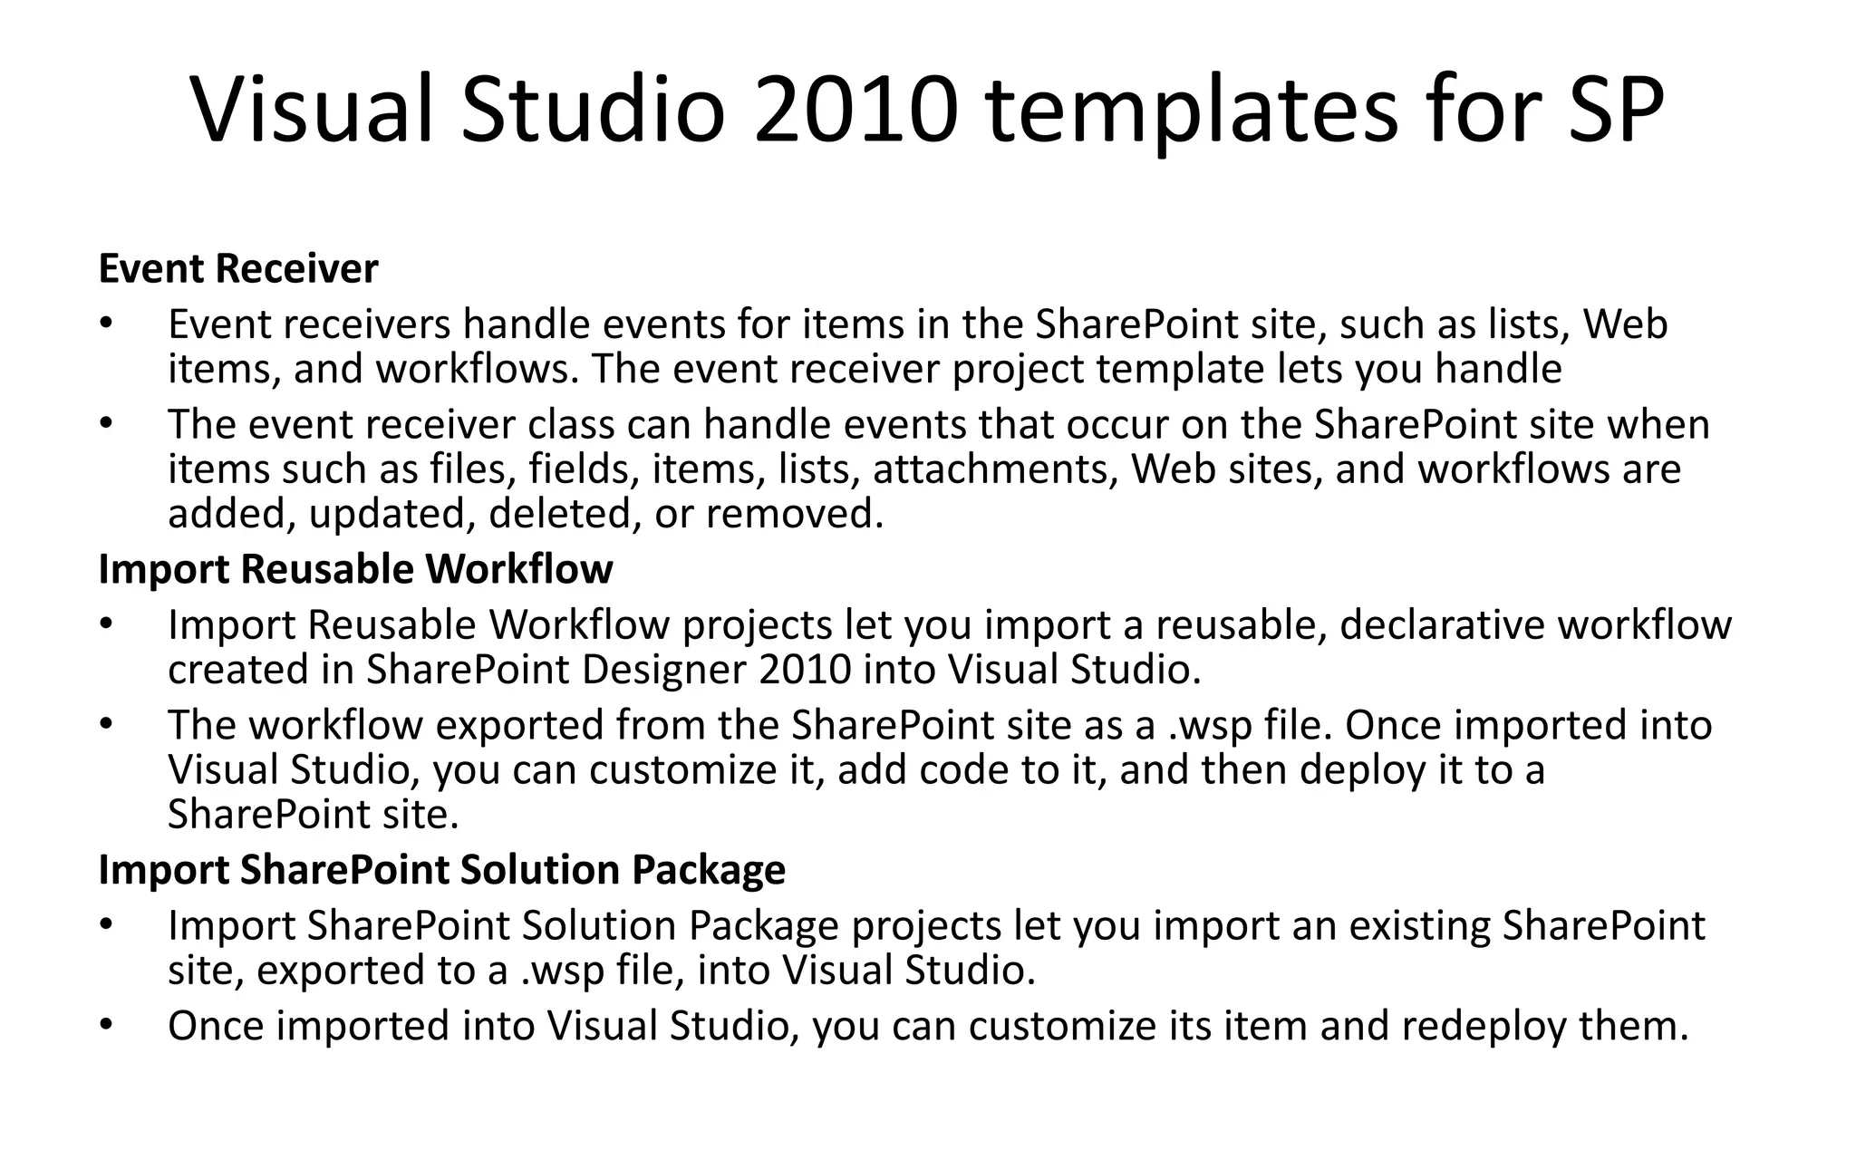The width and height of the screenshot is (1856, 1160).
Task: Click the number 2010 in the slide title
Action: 855,110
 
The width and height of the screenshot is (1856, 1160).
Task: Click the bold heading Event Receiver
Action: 237,269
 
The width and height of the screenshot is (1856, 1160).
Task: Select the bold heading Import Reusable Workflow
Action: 355,569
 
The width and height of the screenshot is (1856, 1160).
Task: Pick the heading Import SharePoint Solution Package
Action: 441,869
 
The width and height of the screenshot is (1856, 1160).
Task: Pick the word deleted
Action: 557,514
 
